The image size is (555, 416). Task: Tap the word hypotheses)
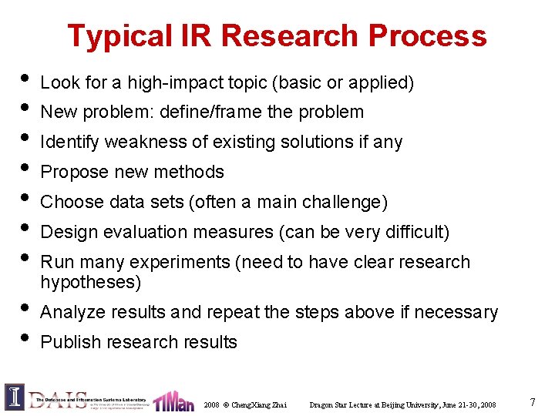point(91,282)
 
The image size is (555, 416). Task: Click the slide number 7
point(533,402)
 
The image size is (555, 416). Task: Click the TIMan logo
point(173,401)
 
